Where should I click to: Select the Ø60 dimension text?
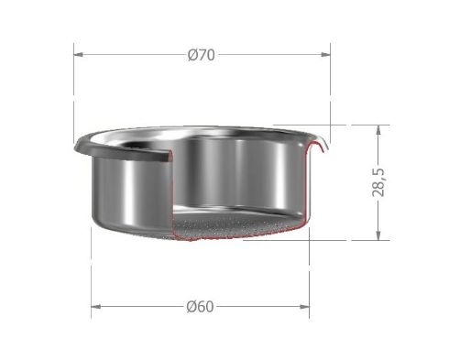click(x=200, y=307)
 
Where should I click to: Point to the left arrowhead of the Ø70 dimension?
click(x=79, y=54)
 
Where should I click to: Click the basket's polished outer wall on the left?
click(x=124, y=192)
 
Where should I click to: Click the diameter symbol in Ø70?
click(x=192, y=54)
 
